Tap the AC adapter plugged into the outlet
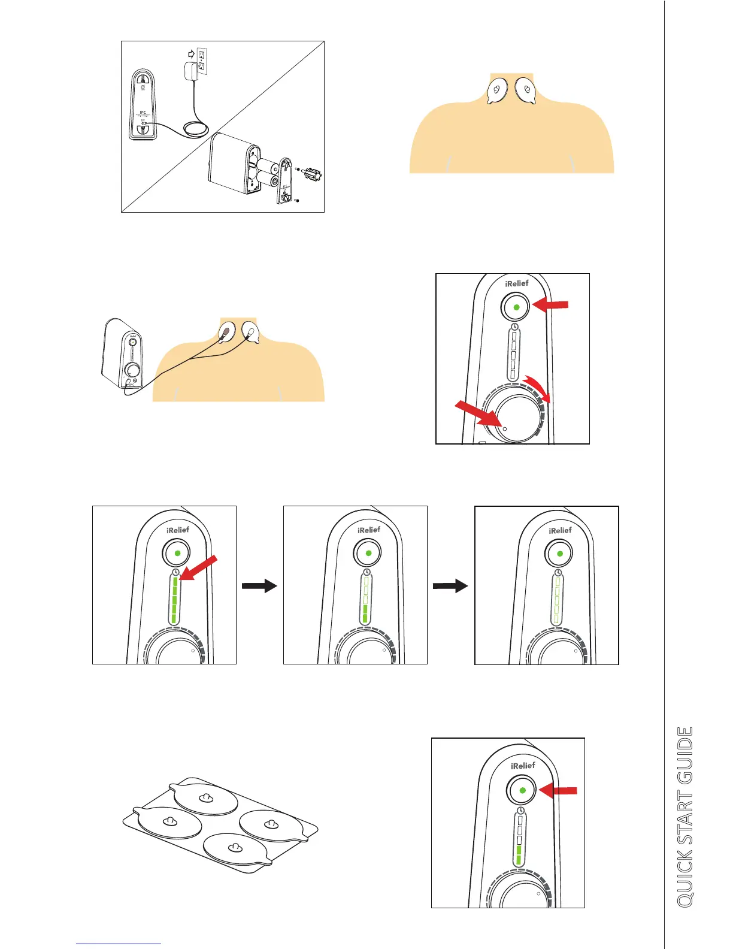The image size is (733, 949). coord(192,72)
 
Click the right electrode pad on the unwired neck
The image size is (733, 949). coord(525,91)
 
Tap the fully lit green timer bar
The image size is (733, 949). coord(175,600)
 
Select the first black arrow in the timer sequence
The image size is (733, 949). coord(259,586)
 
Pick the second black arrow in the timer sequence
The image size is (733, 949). coord(450,586)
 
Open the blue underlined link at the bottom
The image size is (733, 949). coord(119,944)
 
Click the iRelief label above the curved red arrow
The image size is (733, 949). coord(517,283)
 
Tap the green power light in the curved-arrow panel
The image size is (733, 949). coord(516,307)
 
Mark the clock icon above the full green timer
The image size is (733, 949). coord(175,572)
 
